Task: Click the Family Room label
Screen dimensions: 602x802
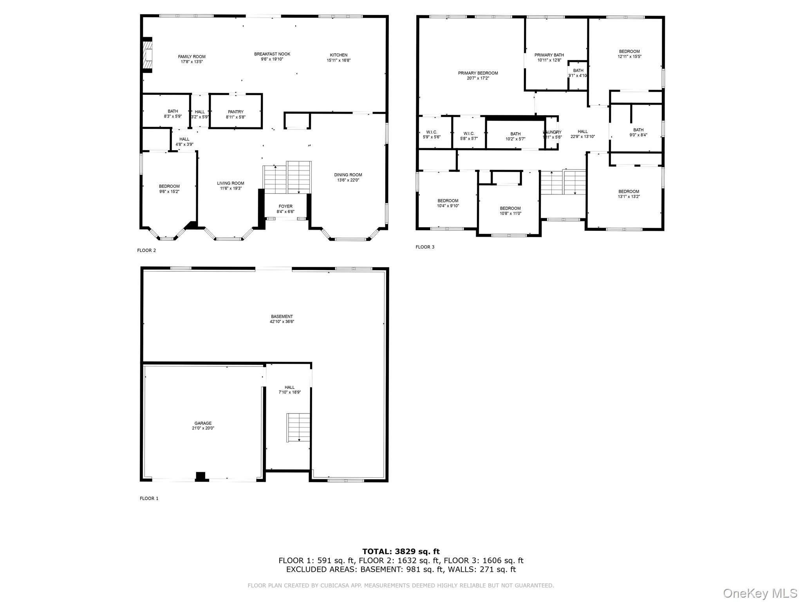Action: (191, 56)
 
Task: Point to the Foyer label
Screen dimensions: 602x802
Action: (285, 206)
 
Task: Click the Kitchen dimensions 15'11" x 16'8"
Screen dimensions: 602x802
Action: (338, 60)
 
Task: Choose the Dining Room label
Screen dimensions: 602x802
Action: (348, 175)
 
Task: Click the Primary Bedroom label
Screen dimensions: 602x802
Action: (478, 73)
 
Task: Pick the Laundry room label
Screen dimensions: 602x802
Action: (552, 132)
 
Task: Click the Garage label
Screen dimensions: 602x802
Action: (203, 423)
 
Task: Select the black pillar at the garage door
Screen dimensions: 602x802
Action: (200, 476)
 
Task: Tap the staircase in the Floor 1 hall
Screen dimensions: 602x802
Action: (299, 427)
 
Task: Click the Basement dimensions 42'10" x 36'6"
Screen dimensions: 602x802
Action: (282, 321)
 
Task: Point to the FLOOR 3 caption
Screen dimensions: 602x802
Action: (425, 247)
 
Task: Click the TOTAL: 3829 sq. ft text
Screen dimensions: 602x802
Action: (401, 551)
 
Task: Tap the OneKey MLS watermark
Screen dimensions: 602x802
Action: (760, 593)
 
